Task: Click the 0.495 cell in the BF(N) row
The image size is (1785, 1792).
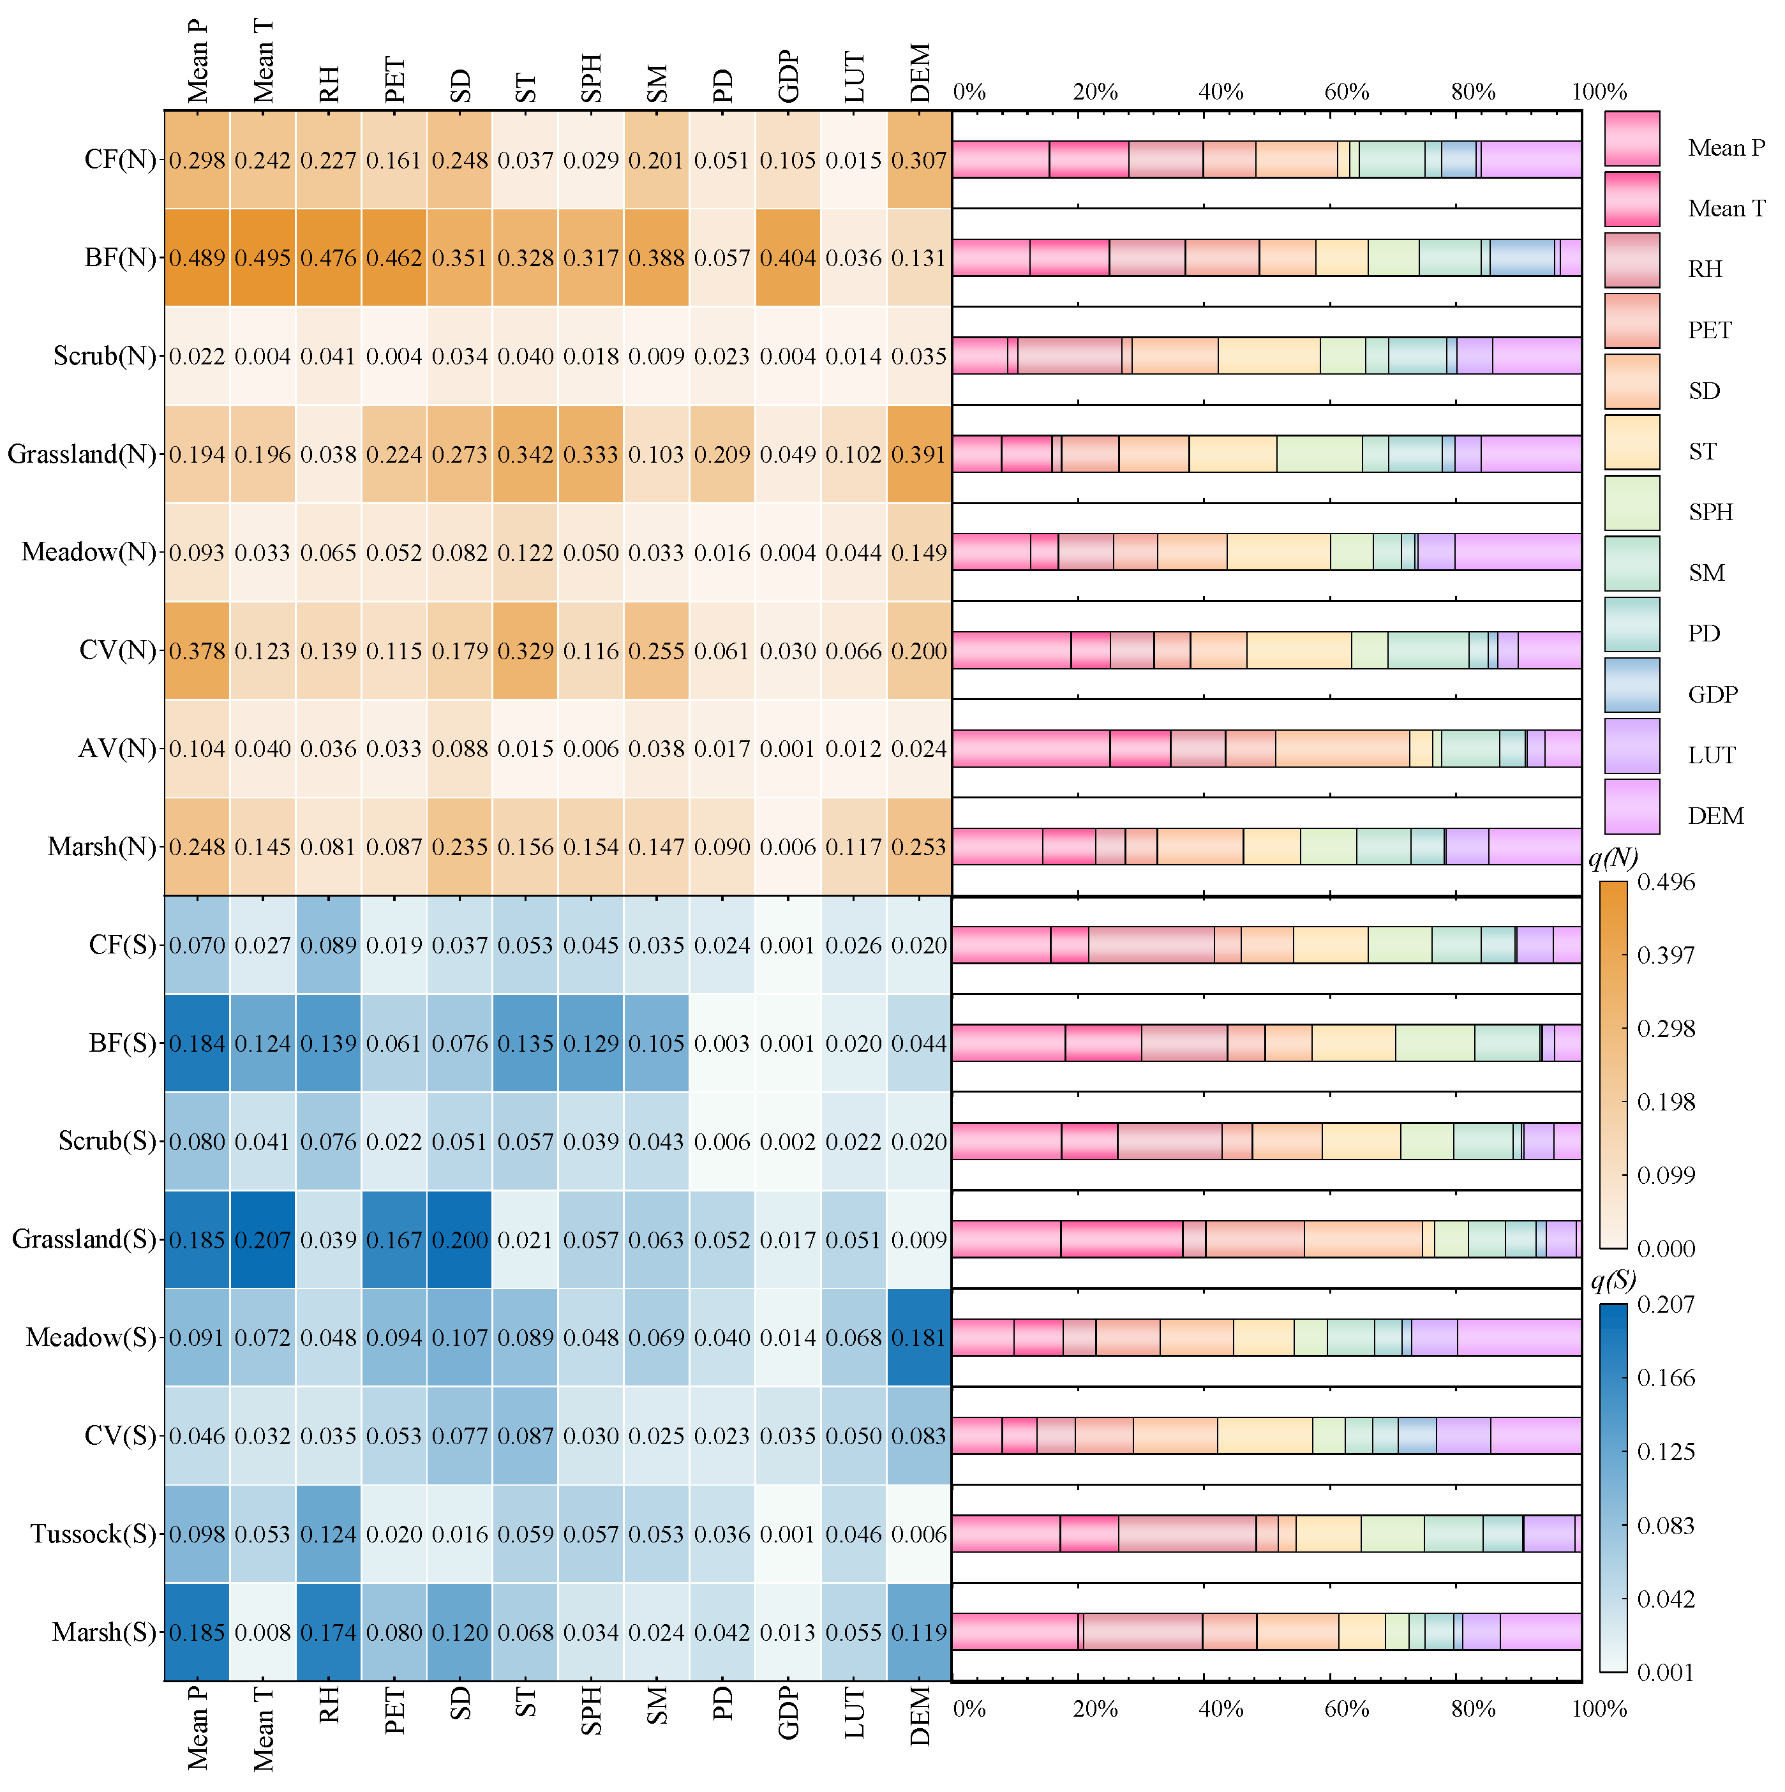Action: [262, 258]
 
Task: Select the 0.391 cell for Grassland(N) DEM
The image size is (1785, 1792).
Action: [918, 454]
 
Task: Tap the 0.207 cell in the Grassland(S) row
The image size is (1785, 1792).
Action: [262, 1240]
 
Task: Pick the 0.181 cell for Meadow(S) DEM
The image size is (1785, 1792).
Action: [918, 1338]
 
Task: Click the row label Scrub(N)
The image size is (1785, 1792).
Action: [105, 356]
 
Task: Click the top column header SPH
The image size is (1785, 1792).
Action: [591, 79]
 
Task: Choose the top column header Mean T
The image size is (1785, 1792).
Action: [262, 60]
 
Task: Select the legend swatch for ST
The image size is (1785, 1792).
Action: [1632, 442]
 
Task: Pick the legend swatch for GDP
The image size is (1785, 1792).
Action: [1632, 685]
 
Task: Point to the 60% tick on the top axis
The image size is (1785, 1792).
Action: [1346, 92]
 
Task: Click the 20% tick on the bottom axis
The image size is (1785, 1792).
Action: [1094, 1708]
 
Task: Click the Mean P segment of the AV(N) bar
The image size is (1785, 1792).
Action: [1030, 749]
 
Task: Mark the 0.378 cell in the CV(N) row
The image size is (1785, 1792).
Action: [197, 651]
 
